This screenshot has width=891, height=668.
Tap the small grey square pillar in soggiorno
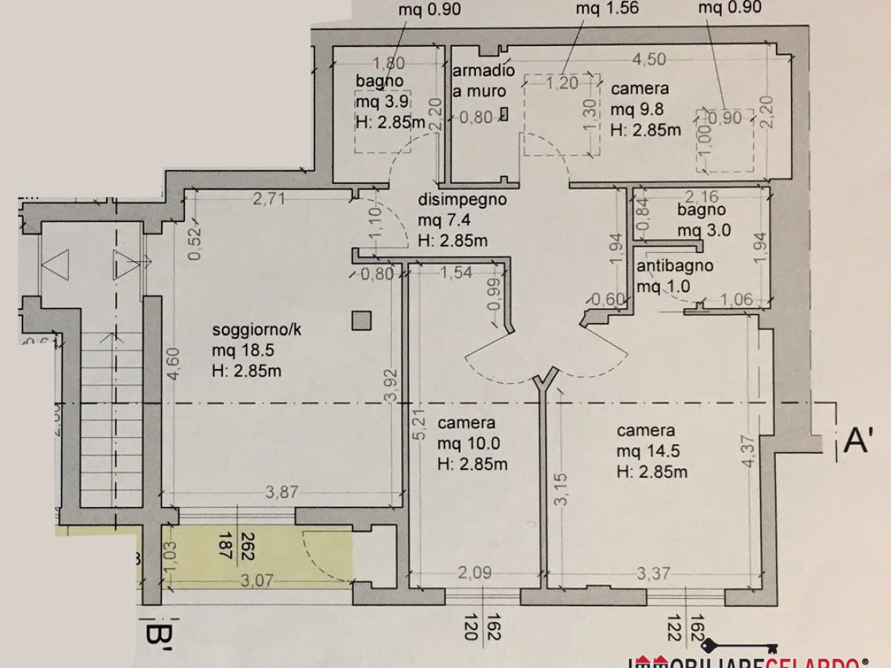click(362, 321)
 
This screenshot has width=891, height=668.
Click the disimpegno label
click(462, 200)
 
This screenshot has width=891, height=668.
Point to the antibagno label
click(675, 266)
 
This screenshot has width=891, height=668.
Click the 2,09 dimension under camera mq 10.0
click(472, 574)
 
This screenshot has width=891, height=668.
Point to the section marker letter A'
click(858, 441)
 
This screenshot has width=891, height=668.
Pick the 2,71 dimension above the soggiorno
click(268, 199)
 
